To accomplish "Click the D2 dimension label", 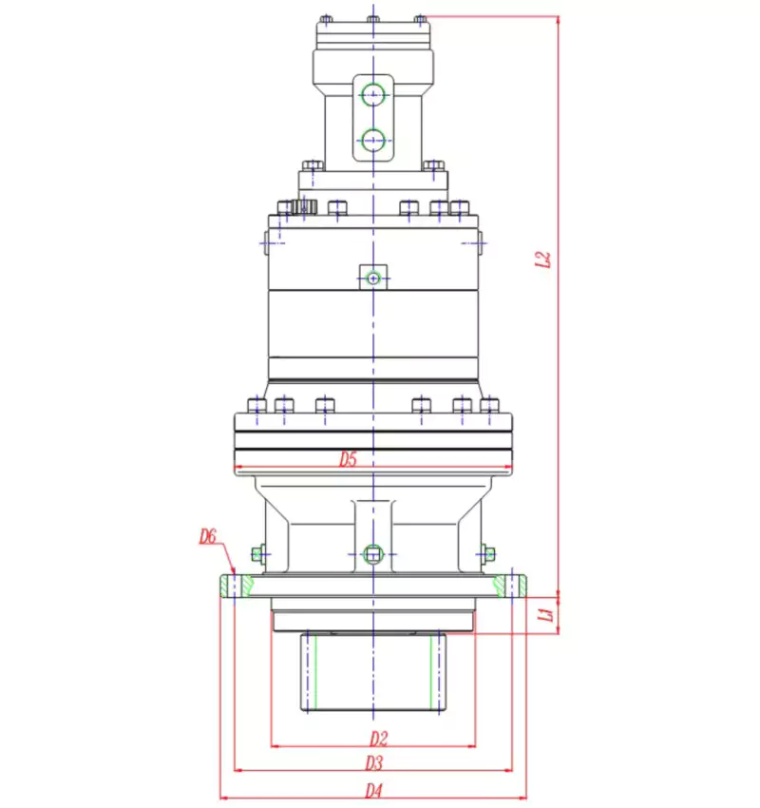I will click(x=377, y=738).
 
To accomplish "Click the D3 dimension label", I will click(x=373, y=762).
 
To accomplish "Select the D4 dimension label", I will click(x=373, y=790).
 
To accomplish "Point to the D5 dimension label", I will click(x=349, y=460).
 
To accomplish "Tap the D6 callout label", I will click(x=208, y=538).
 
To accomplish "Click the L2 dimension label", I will click(x=543, y=260).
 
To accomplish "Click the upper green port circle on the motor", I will click(x=373, y=93).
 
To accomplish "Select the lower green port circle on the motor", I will click(x=373, y=140).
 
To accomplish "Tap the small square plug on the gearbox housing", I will click(x=373, y=277).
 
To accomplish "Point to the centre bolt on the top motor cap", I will click(x=372, y=19).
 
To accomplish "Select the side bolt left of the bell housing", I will click(x=257, y=552).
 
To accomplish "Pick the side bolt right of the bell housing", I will click(x=488, y=552).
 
